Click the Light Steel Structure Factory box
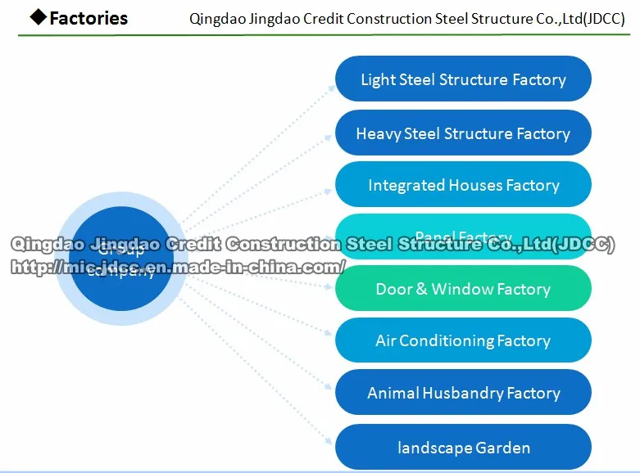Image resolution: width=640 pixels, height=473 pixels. click(x=463, y=79)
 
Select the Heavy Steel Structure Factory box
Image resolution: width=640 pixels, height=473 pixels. click(x=463, y=133)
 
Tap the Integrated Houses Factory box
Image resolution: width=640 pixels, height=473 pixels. click(x=463, y=185)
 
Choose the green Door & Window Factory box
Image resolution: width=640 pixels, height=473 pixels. click(x=463, y=289)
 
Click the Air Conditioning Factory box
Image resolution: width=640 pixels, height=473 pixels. click(x=463, y=340)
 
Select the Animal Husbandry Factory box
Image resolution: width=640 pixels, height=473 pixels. click(x=463, y=393)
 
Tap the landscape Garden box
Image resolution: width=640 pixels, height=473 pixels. click(x=463, y=448)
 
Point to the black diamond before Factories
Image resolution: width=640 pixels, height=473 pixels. click(x=38, y=17)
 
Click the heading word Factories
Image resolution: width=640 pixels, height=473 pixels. click(x=89, y=18)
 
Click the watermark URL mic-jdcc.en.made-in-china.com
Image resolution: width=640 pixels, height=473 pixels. click(x=177, y=267)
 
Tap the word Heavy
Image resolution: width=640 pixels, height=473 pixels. click(x=378, y=133)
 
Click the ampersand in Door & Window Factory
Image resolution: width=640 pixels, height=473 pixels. click(x=420, y=289)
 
